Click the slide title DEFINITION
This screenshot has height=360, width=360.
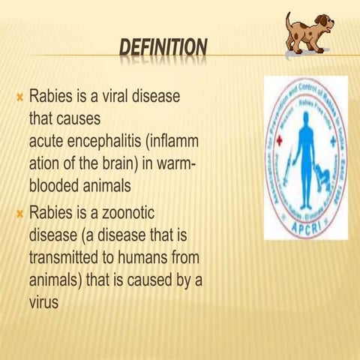pos(163,50)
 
